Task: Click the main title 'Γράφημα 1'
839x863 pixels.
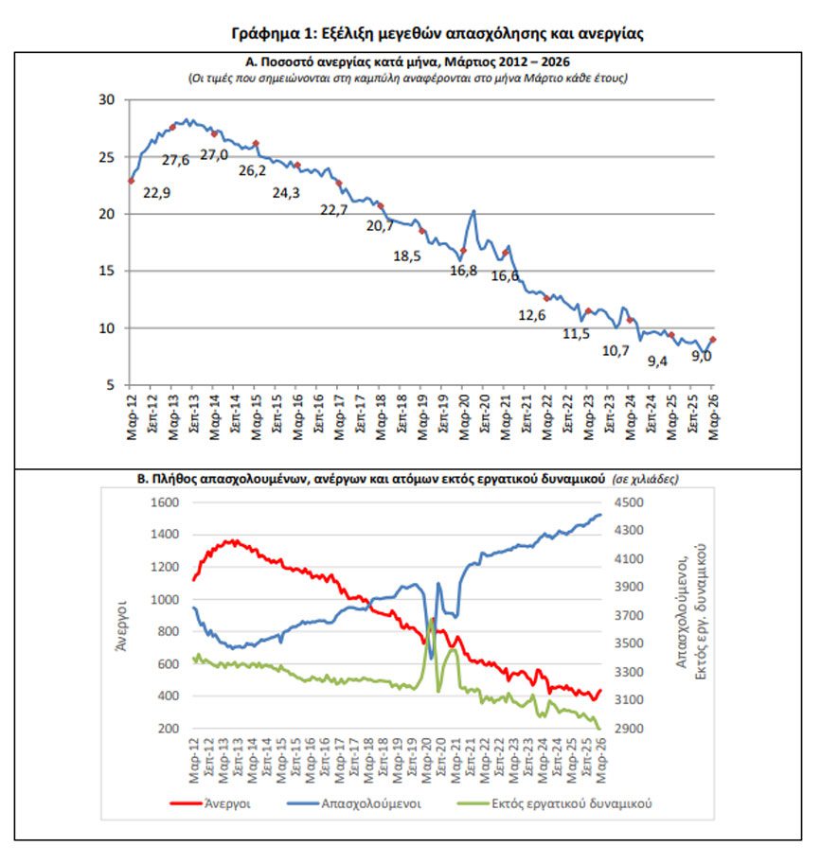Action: pos(437,33)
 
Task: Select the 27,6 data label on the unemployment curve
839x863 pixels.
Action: pos(175,160)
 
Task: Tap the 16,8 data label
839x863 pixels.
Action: pos(463,271)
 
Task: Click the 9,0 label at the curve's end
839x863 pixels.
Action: pos(702,356)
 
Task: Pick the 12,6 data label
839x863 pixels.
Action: pos(531,315)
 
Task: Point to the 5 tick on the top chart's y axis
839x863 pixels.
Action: pos(110,385)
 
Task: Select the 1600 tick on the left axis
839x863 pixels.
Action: pos(165,502)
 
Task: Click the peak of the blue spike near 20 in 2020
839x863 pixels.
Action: pos(473,210)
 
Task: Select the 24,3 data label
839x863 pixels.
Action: pos(285,193)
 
